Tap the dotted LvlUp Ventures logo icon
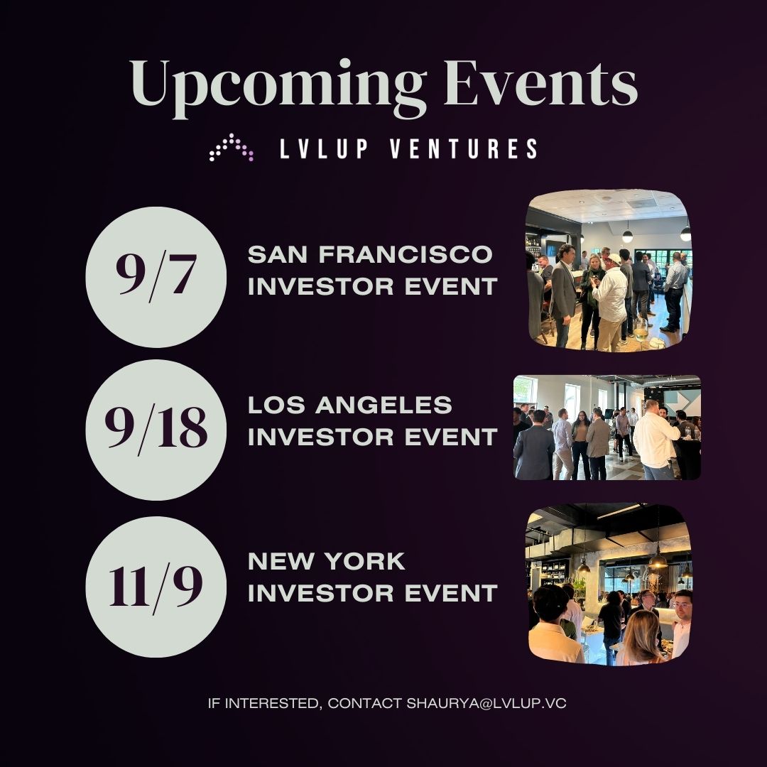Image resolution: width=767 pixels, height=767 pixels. pos(232,147)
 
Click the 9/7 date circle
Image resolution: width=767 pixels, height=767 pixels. pos(156,277)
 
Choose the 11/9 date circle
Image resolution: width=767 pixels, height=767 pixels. pos(156,587)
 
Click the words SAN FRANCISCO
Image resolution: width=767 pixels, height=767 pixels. pos(369,254)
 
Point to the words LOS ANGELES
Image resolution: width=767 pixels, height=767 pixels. pos(350,405)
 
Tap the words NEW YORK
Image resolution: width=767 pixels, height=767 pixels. pos(327,561)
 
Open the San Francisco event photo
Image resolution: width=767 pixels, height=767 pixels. pos(609,270)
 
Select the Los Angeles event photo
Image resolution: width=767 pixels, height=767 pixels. pos(607,428)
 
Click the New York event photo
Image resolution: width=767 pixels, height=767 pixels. pos(609,584)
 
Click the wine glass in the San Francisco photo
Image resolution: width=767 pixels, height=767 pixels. pos(641,330)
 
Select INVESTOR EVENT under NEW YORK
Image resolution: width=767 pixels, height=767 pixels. pos(372,593)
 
